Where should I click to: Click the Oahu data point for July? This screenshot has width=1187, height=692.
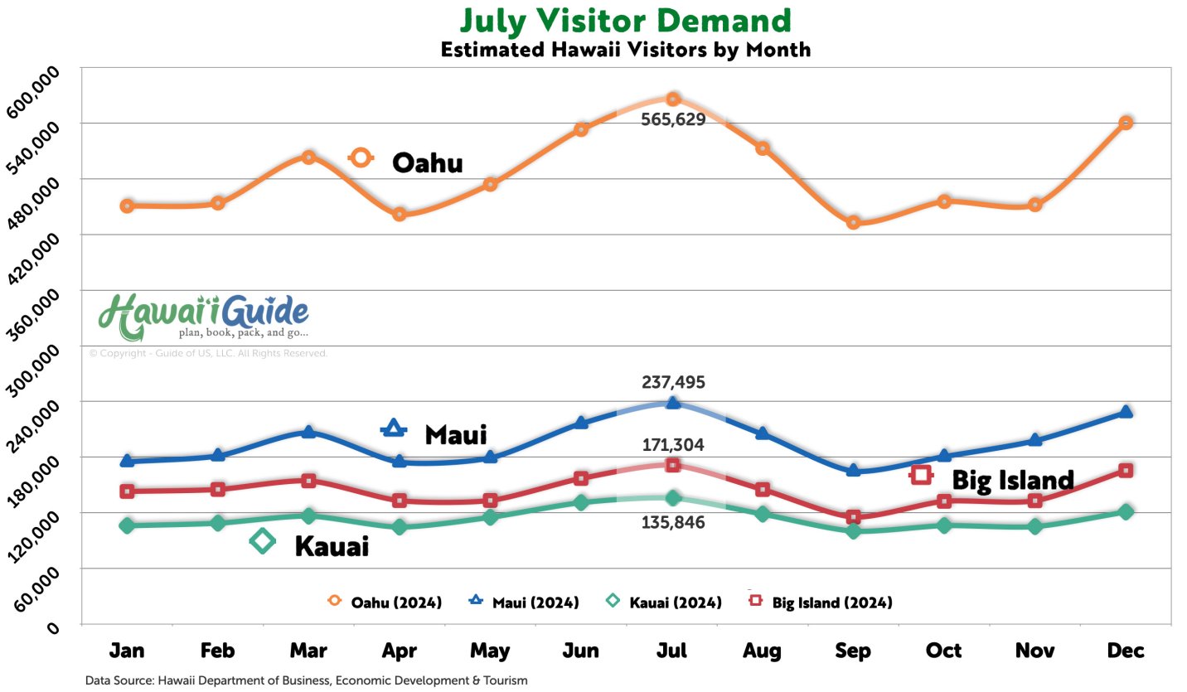tap(673, 99)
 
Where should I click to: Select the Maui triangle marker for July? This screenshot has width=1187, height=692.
tap(673, 403)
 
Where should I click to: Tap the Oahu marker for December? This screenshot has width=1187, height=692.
tap(1126, 123)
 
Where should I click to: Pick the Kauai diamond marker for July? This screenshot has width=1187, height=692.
tap(673, 498)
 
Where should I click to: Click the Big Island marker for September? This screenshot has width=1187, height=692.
tap(853, 517)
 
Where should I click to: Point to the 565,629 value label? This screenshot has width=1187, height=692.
tap(673, 119)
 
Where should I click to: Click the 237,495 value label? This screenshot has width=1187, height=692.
tap(673, 383)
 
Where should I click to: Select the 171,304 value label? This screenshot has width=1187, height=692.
tap(673, 445)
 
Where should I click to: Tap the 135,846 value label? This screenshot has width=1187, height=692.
tap(673, 522)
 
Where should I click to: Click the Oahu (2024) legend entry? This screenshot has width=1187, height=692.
tap(385, 602)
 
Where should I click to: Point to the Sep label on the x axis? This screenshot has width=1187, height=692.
tap(853, 651)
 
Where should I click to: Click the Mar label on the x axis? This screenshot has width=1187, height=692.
tap(308, 651)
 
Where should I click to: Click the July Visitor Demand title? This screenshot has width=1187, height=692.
tap(625, 20)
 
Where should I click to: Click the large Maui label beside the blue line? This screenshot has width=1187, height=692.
tap(455, 434)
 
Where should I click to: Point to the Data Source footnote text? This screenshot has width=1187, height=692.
tap(307, 680)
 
